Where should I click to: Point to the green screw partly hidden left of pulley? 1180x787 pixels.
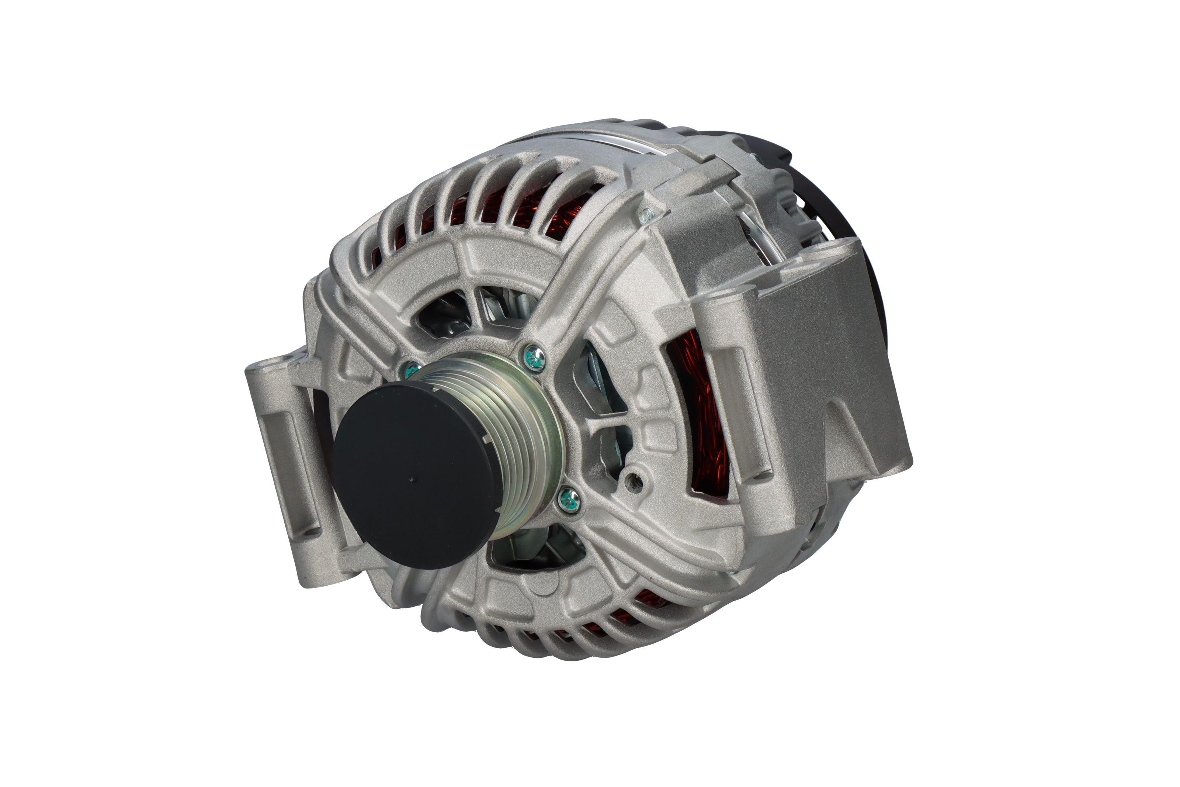(x=411, y=370)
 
